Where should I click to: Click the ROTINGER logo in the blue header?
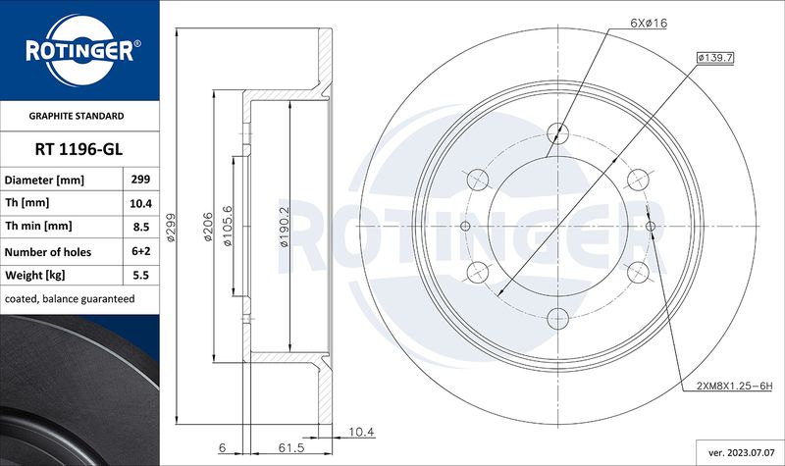[x=80, y=50]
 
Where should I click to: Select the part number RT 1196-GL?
[x=78, y=149]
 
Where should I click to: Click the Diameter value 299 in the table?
[x=140, y=180]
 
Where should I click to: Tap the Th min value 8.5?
[x=141, y=227]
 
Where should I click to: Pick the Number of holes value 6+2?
[x=141, y=251]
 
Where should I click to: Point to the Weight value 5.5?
[x=141, y=275]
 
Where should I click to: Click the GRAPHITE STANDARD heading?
[x=77, y=116]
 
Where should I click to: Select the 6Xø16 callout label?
[x=649, y=23]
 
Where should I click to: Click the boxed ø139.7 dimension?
[x=715, y=58]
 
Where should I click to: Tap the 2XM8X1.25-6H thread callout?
[x=734, y=386]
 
